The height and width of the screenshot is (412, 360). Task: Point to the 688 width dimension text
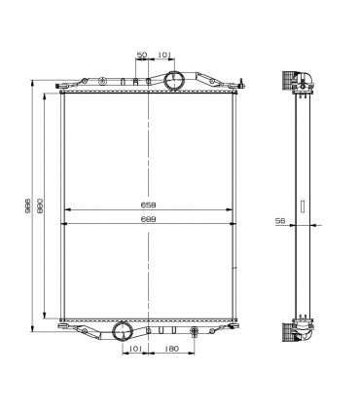148,220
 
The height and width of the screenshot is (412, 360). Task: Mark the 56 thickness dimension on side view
280,221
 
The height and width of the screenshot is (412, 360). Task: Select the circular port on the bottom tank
124,331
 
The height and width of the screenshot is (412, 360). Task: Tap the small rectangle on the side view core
302,206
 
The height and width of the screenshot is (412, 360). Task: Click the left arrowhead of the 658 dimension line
64,210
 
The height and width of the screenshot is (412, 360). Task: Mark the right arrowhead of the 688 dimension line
236,224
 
